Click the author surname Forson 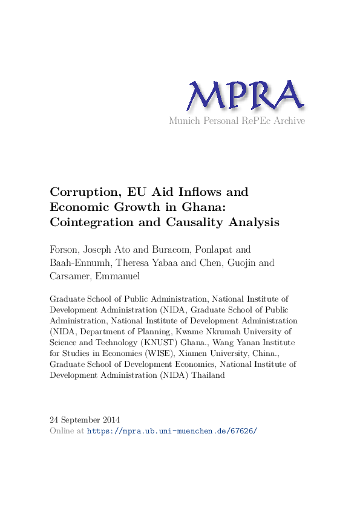point(67,250)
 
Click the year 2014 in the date point(111,420)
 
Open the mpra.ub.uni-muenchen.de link point(172,431)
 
